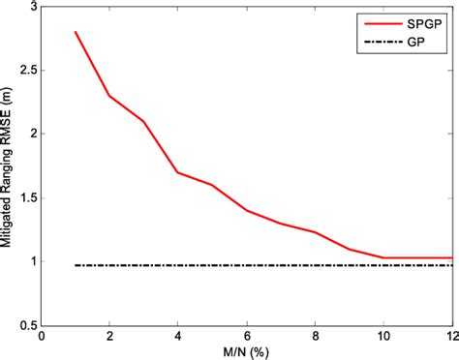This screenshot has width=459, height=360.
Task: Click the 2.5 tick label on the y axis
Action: click(25, 71)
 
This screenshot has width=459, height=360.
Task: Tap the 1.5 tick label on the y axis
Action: click(25, 197)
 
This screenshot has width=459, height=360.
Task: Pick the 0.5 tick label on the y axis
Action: click(25, 325)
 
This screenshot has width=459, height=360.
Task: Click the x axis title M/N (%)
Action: click(246, 352)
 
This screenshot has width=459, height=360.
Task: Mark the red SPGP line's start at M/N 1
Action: click(76, 32)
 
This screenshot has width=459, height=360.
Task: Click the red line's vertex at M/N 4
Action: click(178, 172)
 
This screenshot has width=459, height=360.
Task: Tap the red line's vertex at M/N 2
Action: click(109, 96)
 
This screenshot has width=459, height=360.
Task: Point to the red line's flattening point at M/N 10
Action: click(384, 257)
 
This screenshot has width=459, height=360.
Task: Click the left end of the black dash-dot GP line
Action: click(76, 265)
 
